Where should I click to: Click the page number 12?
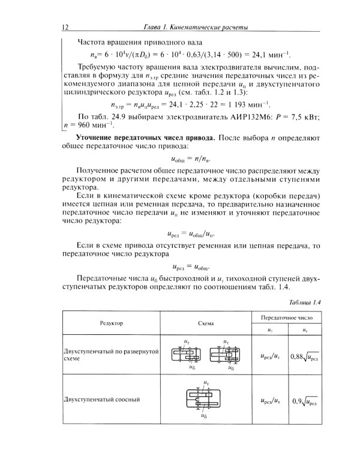[65, 28]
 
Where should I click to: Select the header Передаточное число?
[284, 316]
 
